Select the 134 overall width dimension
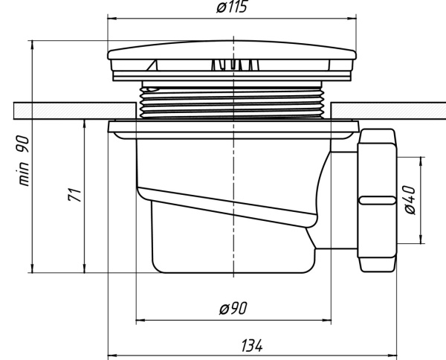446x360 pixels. pos(252,346)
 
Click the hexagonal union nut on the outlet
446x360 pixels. pos(378,199)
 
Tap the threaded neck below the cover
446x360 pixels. pos(233,100)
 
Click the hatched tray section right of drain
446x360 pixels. pos(387,109)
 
